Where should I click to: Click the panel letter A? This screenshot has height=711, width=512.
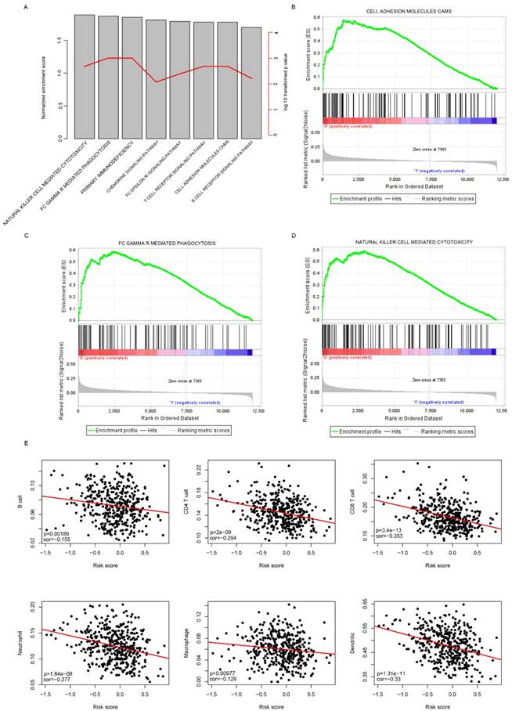point(49,8)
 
